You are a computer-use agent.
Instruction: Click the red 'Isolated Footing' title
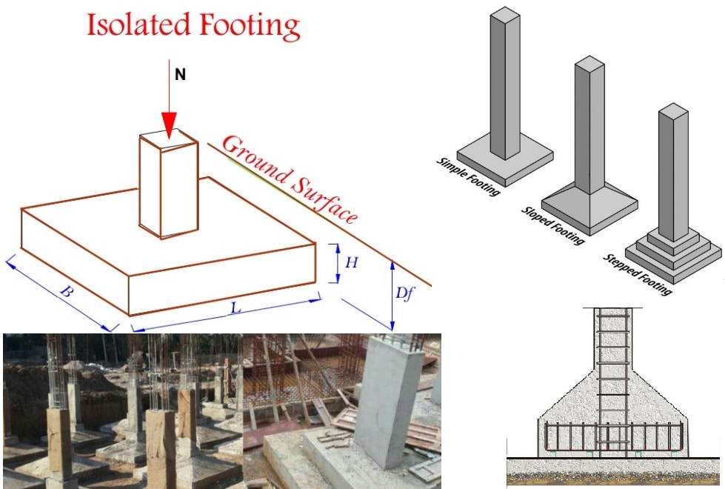[x=193, y=26]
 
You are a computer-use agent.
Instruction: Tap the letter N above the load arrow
[x=179, y=76]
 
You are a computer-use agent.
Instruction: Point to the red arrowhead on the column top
[x=170, y=125]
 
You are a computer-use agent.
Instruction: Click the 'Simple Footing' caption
[x=469, y=176]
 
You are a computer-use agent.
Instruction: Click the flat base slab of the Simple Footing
[x=505, y=164]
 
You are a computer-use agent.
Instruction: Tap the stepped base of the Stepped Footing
[x=672, y=253]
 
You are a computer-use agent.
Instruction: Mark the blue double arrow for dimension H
[x=337, y=263]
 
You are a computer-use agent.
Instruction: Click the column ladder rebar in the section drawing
[x=614, y=370]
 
